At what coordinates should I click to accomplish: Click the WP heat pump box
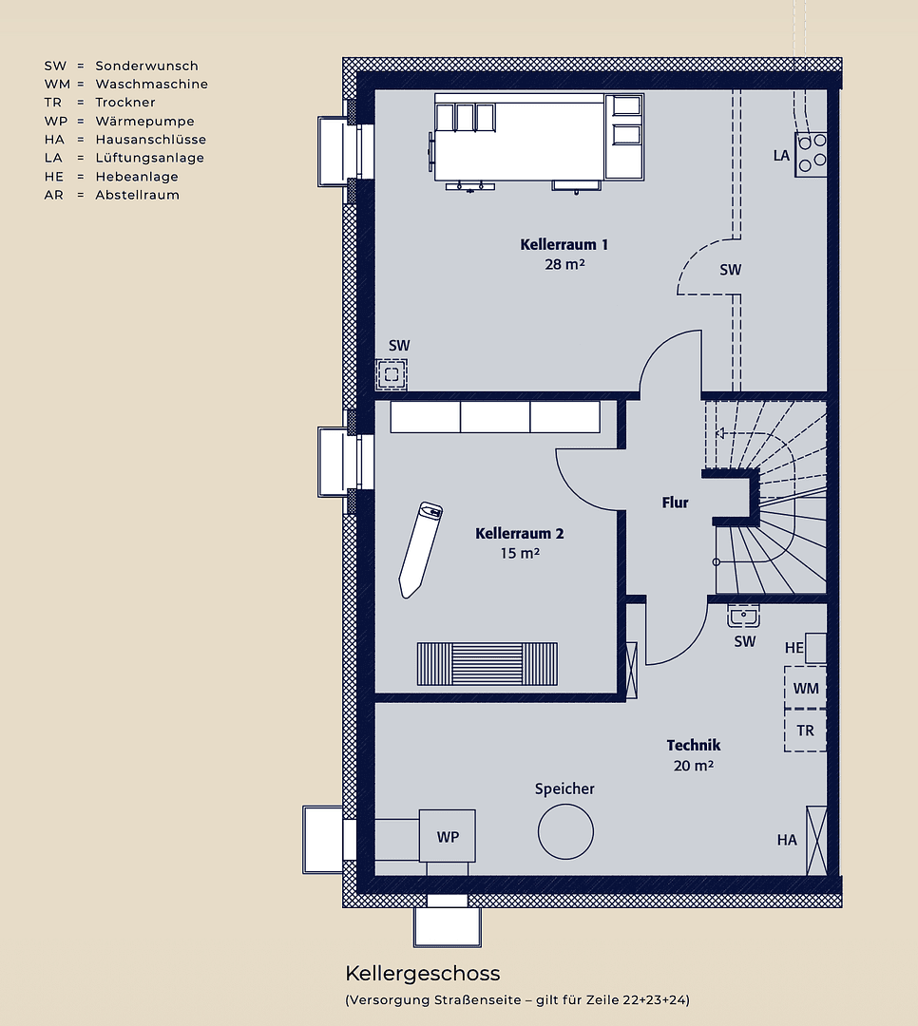point(448,837)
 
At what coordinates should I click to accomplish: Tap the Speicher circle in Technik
point(565,831)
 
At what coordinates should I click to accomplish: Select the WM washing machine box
point(805,687)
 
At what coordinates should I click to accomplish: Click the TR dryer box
point(805,731)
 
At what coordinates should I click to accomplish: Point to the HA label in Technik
point(787,840)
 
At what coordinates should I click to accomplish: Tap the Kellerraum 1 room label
point(564,244)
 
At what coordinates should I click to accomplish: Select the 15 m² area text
point(520,553)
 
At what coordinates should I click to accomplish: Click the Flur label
point(675,503)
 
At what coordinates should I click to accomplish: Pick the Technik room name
point(693,746)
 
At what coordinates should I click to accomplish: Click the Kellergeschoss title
point(422,974)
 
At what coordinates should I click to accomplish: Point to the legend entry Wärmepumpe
point(144,122)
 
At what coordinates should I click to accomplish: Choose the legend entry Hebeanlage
point(137,177)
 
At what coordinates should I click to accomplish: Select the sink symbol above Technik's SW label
point(743,617)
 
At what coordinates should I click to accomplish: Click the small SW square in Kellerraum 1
point(392,373)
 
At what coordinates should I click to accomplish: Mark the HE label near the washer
point(794,648)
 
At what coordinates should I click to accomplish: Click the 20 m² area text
point(693,765)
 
